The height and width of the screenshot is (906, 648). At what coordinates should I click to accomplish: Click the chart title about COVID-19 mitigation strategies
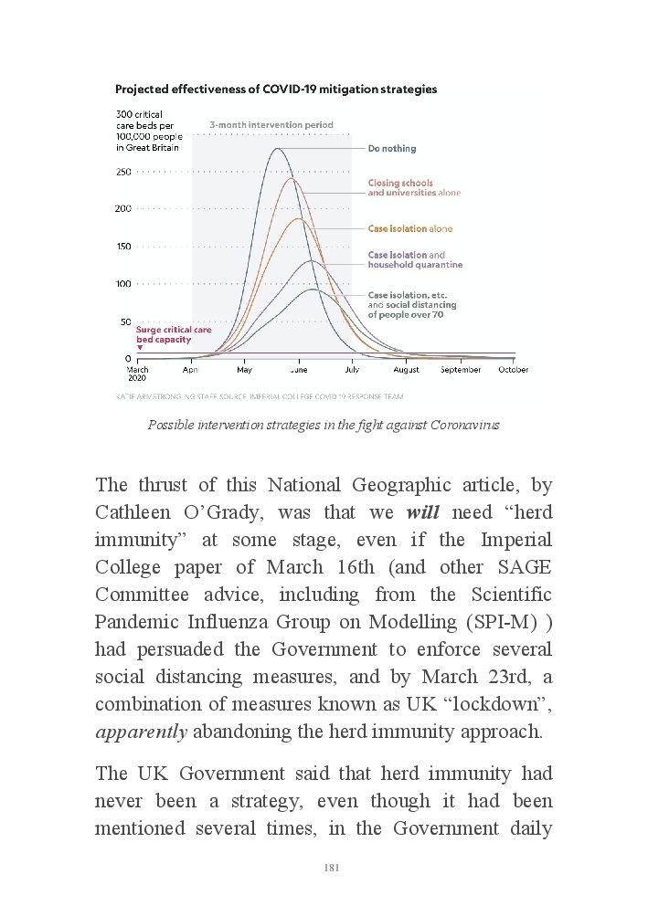pyautogui.click(x=275, y=90)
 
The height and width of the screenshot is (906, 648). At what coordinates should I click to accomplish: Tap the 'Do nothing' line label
pyautogui.click(x=391, y=149)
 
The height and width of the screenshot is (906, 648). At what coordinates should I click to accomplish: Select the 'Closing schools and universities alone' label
pyautogui.click(x=414, y=188)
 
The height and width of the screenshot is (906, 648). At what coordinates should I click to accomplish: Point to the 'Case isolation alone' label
pyautogui.click(x=409, y=228)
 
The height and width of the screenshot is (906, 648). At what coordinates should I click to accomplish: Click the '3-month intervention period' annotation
pyautogui.click(x=271, y=124)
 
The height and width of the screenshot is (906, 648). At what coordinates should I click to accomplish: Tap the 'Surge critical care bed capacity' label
pyautogui.click(x=174, y=334)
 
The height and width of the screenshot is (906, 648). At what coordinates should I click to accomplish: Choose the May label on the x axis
pyautogui.click(x=244, y=370)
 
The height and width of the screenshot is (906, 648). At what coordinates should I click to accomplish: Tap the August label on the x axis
pyautogui.click(x=406, y=370)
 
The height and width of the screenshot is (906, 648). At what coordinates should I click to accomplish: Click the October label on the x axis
pyautogui.click(x=513, y=370)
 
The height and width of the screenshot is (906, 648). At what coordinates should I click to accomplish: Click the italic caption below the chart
pyautogui.click(x=324, y=426)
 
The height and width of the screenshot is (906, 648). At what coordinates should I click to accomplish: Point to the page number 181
pyautogui.click(x=332, y=868)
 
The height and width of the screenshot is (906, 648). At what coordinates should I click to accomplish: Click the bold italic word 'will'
pyautogui.click(x=423, y=512)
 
